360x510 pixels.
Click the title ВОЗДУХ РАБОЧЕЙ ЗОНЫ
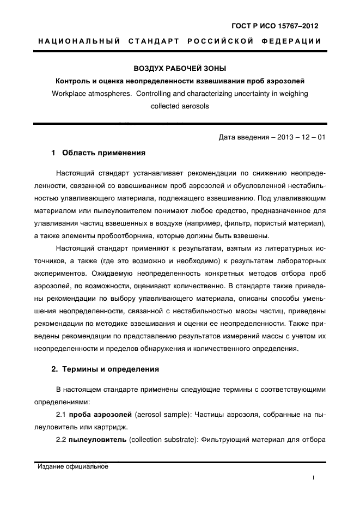pyautogui.click(x=180, y=69)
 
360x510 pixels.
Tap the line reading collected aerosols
pyautogui.click(x=180, y=106)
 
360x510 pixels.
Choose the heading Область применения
pyautogui.click(x=103, y=153)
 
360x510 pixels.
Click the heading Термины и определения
pyautogui.click(x=110, y=369)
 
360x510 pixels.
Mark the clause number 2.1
pyautogui.click(x=61, y=415)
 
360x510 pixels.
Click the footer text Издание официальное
pyautogui.click(x=73, y=467)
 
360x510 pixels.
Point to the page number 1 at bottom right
pyautogui.click(x=313, y=477)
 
